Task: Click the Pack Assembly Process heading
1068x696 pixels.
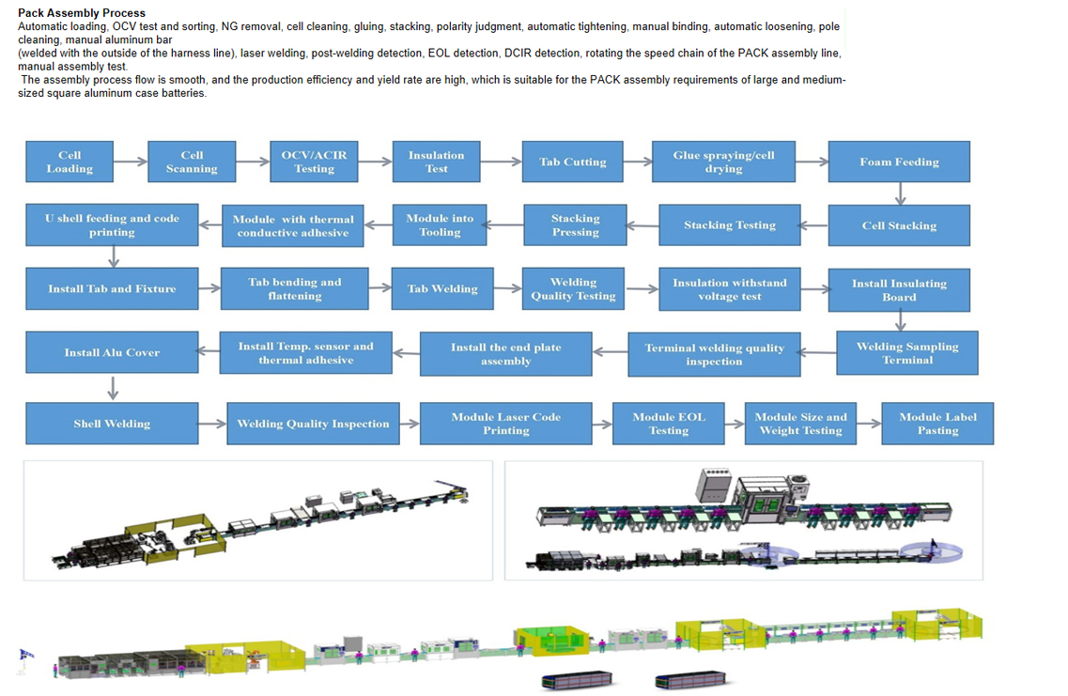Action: click(82, 13)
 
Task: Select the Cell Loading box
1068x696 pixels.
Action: click(70, 162)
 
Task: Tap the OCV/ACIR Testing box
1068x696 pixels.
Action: click(314, 162)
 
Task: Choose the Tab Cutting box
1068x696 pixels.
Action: click(572, 162)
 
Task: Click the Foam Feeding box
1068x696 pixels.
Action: click(898, 162)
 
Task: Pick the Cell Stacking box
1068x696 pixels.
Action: click(898, 225)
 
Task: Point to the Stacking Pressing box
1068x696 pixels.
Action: click(575, 225)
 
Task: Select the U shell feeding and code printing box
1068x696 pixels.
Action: click(112, 225)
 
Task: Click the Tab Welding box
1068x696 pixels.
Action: click(442, 288)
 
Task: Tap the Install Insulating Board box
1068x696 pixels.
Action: click(898, 289)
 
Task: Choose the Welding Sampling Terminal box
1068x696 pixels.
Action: click(906, 352)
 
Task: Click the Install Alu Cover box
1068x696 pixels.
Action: click(112, 352)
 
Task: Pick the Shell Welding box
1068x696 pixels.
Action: click(112, 424)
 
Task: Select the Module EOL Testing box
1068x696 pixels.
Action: click(668, 424)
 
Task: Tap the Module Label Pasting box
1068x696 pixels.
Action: click(936, 424)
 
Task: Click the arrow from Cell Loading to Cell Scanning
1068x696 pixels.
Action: click(131, 162)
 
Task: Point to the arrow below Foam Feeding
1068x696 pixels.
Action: click(900, 193)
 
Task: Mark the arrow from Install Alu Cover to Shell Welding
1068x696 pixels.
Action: click(113, 388)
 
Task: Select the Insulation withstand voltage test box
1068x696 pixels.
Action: click(729, 289)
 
